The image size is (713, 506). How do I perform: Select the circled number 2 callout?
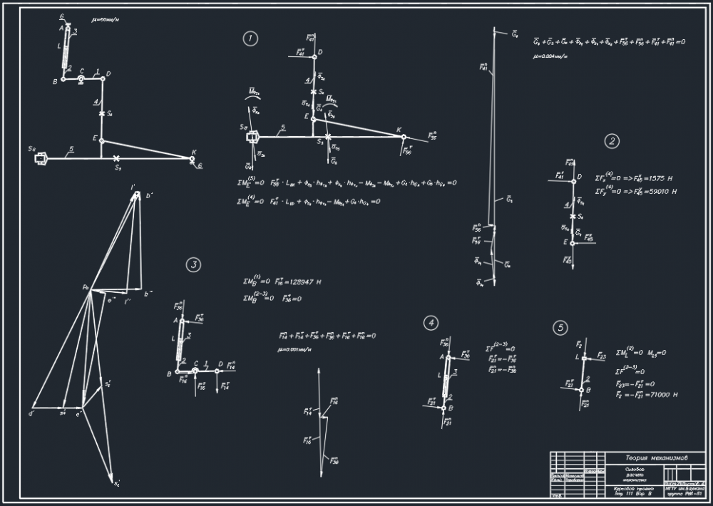point(612,141)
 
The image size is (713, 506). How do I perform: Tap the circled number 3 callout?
point(193,265)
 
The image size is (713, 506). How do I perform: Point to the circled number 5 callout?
point(561,328)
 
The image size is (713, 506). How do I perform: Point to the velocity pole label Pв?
point(85,287)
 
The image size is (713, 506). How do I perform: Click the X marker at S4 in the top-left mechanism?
point(102,113)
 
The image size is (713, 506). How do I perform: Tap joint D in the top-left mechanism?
point(102,78)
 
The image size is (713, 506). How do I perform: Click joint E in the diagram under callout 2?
point(573,243)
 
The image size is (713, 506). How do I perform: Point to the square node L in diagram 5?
point(583,358)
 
